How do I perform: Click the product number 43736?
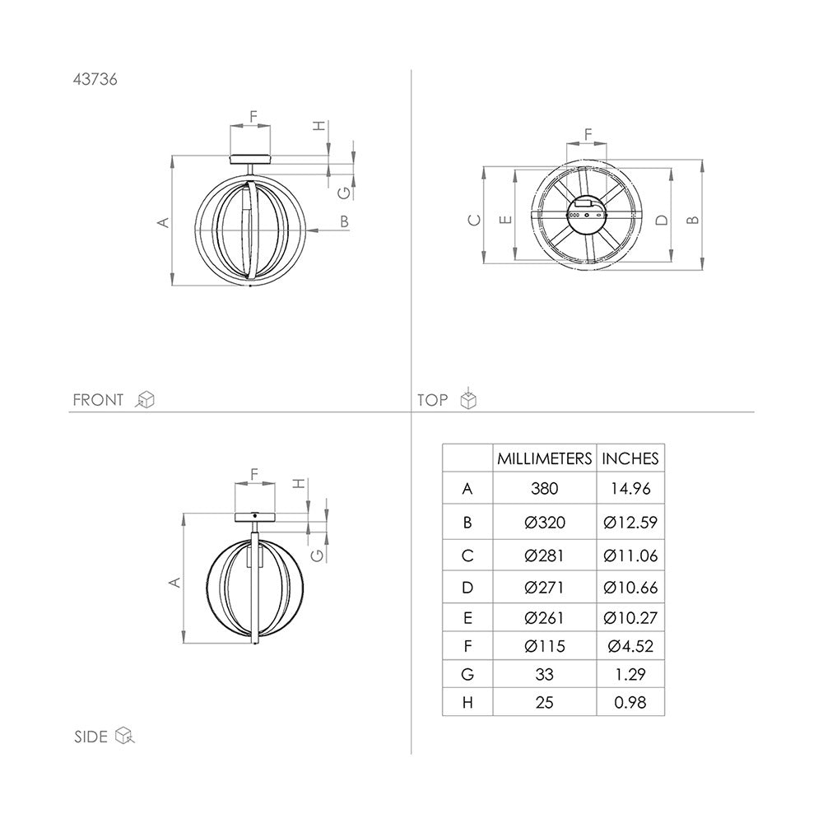(x=95, y=79)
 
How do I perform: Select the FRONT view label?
(x=98, y=400)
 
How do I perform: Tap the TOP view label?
(x=433, y=400)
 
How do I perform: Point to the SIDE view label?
(x=91, y=737)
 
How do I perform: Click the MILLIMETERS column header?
(x=544, y=458)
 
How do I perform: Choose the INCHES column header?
(x=630, y=458)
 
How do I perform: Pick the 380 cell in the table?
(x=544, y=489)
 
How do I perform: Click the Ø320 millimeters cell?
(x=545, y=523)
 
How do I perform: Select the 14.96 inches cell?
(x=630, y=489)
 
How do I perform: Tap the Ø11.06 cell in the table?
(x=630, y=556)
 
